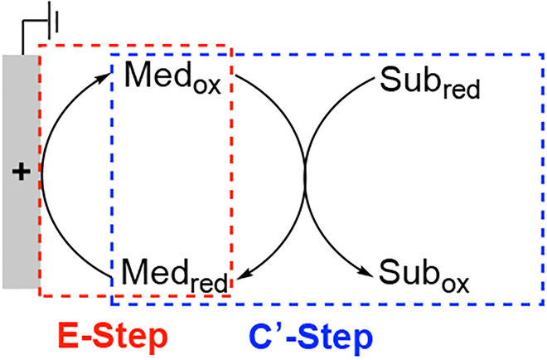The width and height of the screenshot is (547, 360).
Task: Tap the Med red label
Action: coord(174,273)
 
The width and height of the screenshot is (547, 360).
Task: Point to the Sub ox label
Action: coord(424,273)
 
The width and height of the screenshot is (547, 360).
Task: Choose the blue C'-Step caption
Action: coord(308,336)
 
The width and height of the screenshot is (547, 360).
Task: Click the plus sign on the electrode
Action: coord(20,173)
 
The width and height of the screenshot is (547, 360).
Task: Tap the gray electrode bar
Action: coord(20,232)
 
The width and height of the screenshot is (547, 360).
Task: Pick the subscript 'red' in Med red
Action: coord(208,282)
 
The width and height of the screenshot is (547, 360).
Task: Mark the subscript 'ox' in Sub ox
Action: coord(452,282)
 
